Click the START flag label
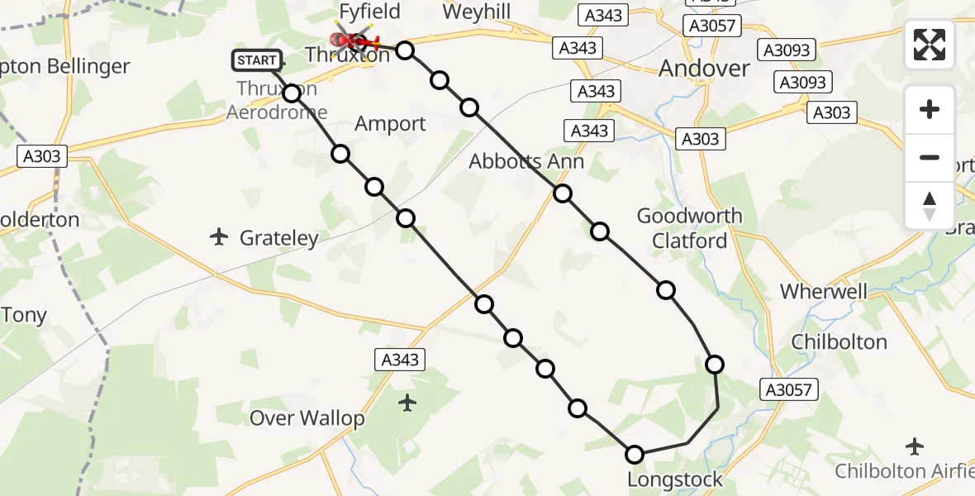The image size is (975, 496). pos(257,60)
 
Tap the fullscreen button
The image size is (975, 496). pos(930,44)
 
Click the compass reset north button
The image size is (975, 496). pos(930,206)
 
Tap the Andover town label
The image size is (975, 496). pos(705,68)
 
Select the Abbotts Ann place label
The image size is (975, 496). pos(526,161)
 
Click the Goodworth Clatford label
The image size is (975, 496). pos(689,228)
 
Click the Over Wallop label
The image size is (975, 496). pos(307,417)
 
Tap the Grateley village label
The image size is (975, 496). pos(278,239)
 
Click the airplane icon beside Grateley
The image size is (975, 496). pos(219,238)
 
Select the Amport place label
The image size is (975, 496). pos(390,124)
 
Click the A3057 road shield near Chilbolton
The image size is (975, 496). pos(789,390)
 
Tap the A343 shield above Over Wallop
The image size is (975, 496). pos(400,360)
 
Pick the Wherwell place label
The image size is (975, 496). pos(824,291)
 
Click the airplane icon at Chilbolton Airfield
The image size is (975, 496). pos(915,446)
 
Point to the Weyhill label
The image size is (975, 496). pos(476,12)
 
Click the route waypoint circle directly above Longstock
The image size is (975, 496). pos(635,454)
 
